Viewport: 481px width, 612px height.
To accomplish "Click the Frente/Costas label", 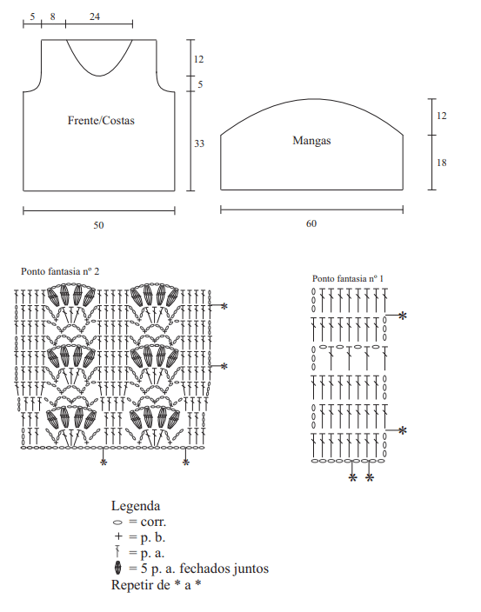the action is (101, 121).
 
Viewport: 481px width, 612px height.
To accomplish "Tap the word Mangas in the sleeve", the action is (311, 141).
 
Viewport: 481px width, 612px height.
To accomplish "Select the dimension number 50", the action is (98, 225).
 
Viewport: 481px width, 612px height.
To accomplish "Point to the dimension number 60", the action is (311, 223).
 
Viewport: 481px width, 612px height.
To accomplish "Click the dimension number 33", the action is (199, 143).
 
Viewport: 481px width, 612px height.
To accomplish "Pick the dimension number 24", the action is (95, 17).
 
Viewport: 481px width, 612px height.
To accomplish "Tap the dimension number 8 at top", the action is (53, 17).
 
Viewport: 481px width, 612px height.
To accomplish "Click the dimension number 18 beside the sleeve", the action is (442, 163).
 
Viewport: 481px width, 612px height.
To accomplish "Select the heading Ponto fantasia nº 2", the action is (60, 271).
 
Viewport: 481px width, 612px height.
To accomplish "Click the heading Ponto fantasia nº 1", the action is (348, 279).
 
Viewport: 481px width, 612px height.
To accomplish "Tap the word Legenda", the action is (136, 506).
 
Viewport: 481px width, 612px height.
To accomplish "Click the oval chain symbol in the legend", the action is (117, 522).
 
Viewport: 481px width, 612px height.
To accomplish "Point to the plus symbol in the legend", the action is (118, 536).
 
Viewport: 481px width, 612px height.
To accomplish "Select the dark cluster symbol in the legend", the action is (117, 568).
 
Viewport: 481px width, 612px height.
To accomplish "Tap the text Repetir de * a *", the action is (157, 585).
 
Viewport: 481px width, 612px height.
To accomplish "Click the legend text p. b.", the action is (153, 538).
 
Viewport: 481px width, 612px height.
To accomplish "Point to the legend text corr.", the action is (153, 522).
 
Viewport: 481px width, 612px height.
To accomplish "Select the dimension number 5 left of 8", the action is (32, 17).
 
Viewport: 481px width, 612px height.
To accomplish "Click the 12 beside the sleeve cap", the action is (442, 116).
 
